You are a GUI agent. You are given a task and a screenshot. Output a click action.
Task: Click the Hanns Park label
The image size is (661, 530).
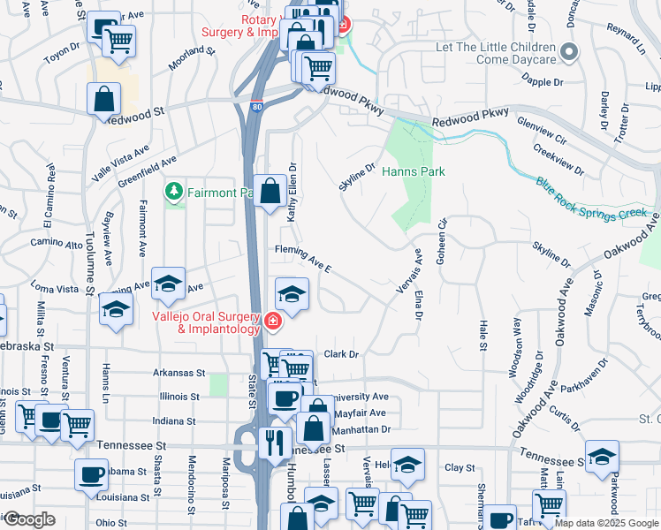413,171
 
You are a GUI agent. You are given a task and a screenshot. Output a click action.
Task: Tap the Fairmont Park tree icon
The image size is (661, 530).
175,192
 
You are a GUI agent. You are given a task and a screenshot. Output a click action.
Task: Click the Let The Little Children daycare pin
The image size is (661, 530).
569,53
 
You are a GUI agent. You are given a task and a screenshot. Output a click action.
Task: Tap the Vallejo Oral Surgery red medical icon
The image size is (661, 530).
273,321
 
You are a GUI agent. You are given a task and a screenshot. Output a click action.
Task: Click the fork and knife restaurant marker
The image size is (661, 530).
276,441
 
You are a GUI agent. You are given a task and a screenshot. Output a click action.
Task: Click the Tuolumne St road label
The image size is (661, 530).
89,265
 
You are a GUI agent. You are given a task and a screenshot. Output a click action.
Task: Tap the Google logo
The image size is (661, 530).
29,519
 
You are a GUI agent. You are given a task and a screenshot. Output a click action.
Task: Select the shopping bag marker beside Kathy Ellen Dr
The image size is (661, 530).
270,189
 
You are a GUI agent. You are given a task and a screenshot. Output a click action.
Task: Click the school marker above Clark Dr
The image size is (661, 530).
292,294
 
